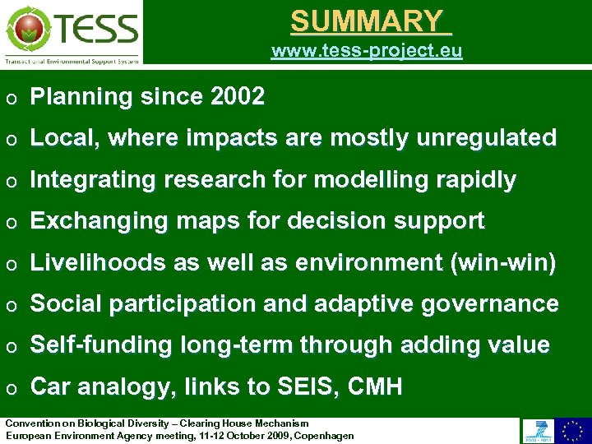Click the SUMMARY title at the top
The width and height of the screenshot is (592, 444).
(371, 21)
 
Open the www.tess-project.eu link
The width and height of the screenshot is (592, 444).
(367, 51)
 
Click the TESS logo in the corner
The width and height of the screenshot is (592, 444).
(72, 32)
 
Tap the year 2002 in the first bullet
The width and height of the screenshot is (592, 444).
(238, 97)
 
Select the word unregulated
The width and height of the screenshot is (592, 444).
(487, 138)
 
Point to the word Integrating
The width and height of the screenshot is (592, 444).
(84, 180)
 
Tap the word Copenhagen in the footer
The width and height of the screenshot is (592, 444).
(324, 435)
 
